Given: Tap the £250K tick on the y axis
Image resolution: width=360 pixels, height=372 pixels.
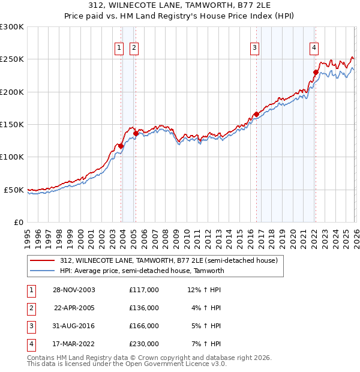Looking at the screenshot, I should pos(12,59).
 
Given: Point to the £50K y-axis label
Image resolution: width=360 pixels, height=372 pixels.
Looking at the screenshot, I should pos(14,190).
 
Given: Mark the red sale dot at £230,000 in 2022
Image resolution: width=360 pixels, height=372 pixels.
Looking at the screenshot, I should pos(316,73).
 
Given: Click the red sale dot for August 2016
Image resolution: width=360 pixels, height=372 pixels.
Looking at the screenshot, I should pos(256,114).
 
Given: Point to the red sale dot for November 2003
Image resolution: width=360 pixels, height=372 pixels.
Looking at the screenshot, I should pos(121,146).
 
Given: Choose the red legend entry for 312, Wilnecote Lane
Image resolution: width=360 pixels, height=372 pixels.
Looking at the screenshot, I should pos(168,261).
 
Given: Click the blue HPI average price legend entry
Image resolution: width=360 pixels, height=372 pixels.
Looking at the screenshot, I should pos(142,271).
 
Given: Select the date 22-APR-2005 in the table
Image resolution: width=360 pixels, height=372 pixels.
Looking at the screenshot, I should pos(74,308).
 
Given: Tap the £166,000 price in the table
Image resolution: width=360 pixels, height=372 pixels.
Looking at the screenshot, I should pos(143,326).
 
